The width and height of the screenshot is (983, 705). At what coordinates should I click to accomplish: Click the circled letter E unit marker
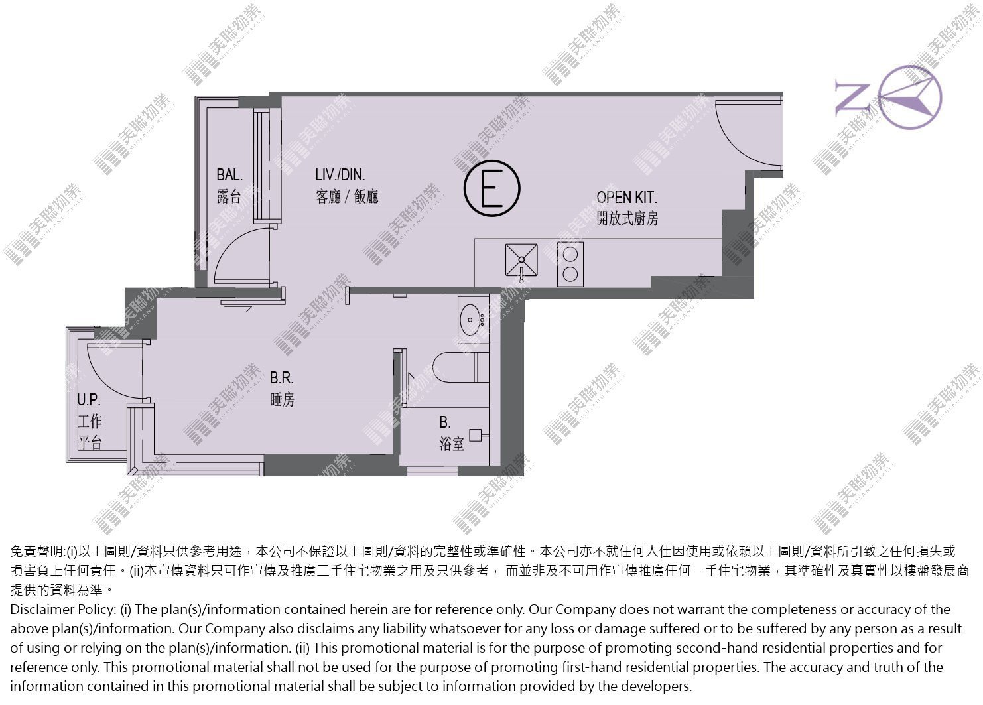pyautogui.click(x=492, y=188)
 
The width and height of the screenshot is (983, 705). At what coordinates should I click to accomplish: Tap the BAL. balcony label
pyautogui.click(x=229, y=175)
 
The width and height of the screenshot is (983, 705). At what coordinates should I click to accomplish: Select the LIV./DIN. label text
pyautogui.click(x=340, y=175)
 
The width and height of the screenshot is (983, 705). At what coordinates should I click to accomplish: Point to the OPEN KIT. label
pyautogui.click(x=627, y=198)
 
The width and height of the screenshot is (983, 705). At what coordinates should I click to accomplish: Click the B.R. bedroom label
pyautogui.click(x=282, y=378)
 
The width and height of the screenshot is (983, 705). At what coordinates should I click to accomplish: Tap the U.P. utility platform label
pyautogui.click(x=89, y=400)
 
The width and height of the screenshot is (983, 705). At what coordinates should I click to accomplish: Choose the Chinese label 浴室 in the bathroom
pyautogui.click(x=452, y=444)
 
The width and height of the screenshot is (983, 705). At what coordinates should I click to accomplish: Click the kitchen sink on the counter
pyautogui.click(x=521, y=261)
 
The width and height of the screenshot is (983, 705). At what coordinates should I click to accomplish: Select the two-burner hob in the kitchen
pyautogui.click(x=570, y=264)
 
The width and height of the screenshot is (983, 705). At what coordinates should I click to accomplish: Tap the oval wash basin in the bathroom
pyautogui.click(x=470, y=320)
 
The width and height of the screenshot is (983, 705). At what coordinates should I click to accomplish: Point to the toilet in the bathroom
pyautogui.click(x=461, y=367)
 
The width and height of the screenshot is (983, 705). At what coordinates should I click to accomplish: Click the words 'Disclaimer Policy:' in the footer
pyautogui.click(x=63, y=609)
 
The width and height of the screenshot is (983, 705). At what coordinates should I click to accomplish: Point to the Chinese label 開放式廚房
pyautogui.click(x=627, y=218)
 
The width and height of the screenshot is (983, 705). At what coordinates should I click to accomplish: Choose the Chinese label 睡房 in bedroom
pyautogui.click(x=282, y=399)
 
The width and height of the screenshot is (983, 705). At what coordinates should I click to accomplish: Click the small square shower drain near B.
pyautogui.click(x=476, y=435)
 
